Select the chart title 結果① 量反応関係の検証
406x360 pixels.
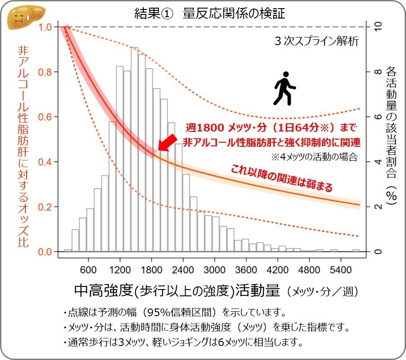[x=210, y=14]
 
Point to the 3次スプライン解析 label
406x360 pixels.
[x=316, y=42]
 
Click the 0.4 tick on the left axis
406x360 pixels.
[x=46, y=162]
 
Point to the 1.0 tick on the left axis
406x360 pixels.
[x=46, y=27]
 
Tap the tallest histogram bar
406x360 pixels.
[x=134, y=149]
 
